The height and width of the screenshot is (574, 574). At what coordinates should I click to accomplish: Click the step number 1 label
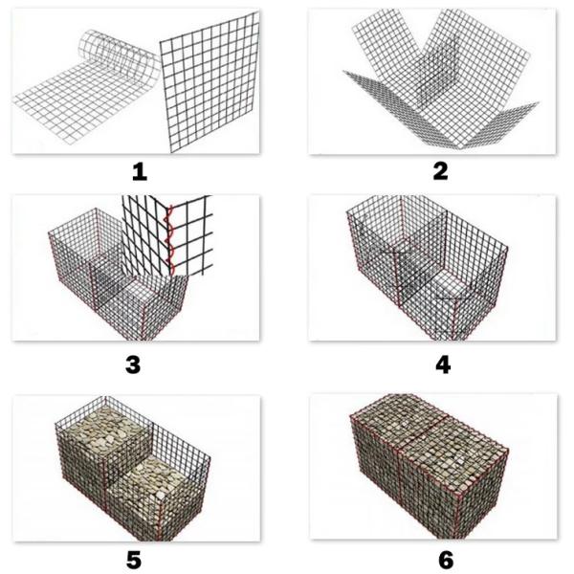tap(140, 172)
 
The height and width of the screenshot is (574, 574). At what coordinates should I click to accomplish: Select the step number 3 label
tap(140, 364)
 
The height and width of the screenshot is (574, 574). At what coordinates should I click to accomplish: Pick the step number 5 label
tap(140, 558)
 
